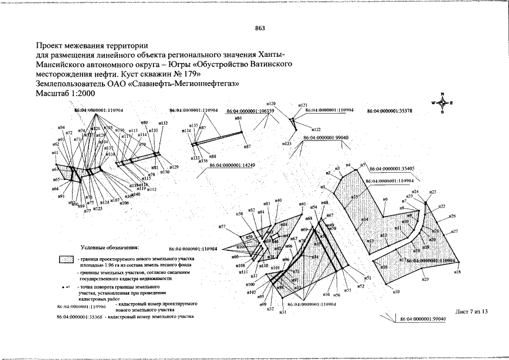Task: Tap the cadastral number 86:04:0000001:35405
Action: pyautogui.click(x=392, y=168)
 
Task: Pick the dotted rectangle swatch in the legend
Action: pyautogui.click(x=66, y=260)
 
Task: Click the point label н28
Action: pyautogui.click(x=457, y=272)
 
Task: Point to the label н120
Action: pyautogui.click(x=271, y=104)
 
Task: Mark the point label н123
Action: pyautogui.click(x=287, y=144)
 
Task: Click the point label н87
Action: pyautogui.click(x=247, y=146)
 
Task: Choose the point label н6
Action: pyautogui.click(x=385, y=199)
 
